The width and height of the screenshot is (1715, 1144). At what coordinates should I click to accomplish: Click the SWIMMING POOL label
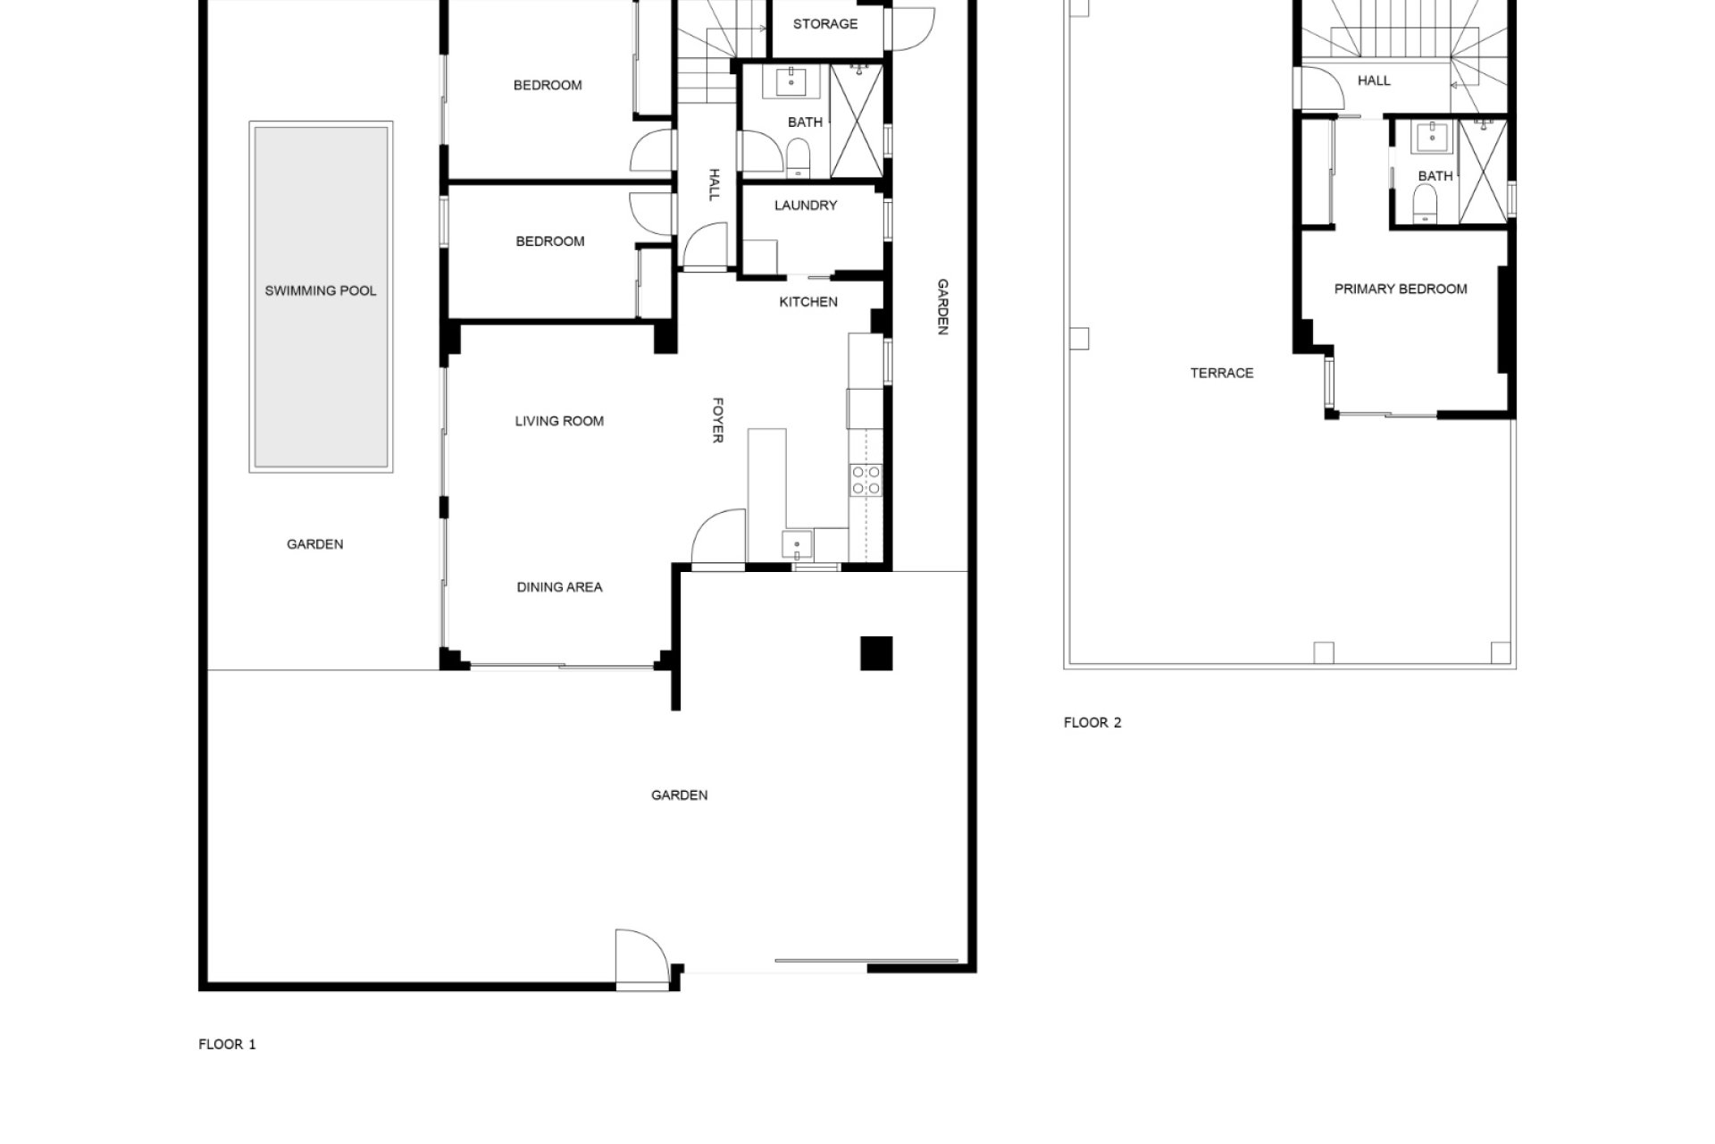[x=321, y=290]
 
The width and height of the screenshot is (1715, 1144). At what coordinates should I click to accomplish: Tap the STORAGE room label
[x=825, y=24]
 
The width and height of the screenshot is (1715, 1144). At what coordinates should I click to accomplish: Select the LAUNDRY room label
[x=806, y=206]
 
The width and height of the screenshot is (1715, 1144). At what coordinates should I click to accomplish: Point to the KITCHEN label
[x=808, y=302]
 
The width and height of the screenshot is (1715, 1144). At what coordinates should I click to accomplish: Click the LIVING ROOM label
[x=559, y=421]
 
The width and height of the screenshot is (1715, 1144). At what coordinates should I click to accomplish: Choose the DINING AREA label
[x=559, y=587]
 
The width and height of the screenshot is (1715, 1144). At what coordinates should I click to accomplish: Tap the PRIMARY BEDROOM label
[x=1401, y=289]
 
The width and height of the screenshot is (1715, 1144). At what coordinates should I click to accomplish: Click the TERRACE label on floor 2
[x=1222, y=373]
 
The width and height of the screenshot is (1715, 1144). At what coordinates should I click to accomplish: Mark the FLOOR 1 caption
[x=227, y=1044]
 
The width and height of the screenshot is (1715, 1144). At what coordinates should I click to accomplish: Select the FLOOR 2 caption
[x=1092, y=722]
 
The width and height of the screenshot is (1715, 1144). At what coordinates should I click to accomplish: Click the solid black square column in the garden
[x=876, y=653]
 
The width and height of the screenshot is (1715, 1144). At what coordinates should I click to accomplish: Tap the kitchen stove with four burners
[x=866, y=480]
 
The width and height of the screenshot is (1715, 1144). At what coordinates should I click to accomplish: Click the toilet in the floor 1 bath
[x=798, y=158]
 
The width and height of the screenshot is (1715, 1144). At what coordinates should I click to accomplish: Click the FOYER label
[x=716, y=420]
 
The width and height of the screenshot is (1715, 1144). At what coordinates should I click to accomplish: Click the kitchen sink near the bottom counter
[x=797, y=543]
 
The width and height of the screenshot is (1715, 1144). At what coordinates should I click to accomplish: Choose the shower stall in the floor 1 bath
[x=857, y=122]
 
